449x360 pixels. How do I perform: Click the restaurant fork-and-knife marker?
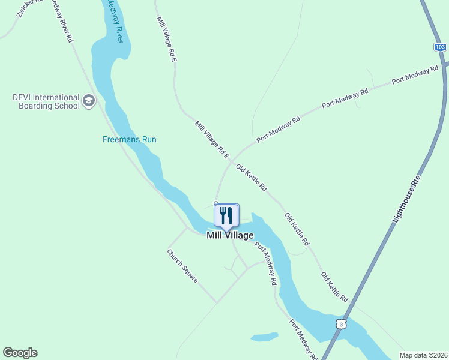226,215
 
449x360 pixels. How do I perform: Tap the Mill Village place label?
230,235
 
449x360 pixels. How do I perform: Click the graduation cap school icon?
89,100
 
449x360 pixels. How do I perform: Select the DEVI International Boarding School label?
46,101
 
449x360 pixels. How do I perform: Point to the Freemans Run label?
129,139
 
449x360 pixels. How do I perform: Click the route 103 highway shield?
440,46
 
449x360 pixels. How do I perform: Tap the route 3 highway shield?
341,324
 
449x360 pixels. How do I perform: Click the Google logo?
20,353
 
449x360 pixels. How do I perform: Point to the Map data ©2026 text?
423,355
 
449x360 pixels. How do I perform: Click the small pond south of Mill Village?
264,337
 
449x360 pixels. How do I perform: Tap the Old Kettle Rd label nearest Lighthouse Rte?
334,287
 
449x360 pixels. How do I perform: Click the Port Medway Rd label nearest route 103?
415,75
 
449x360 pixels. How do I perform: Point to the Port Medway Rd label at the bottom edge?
303,340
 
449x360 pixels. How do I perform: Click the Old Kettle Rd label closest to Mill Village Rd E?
252,178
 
